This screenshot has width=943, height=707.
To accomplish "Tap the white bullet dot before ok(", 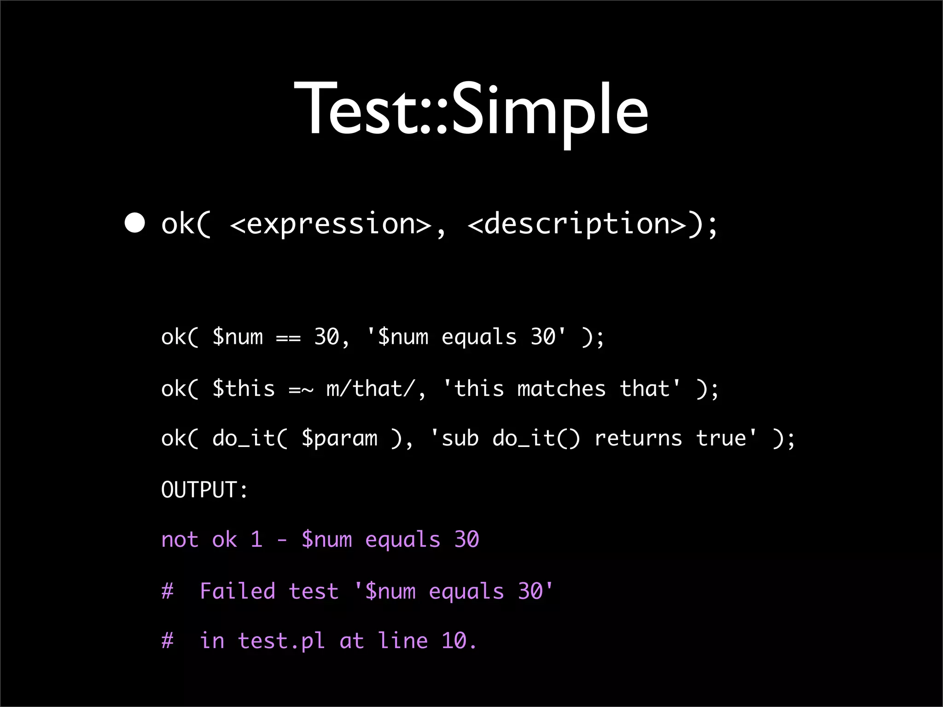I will [x=135, y=224].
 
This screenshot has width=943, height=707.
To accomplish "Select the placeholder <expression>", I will [x=330, y=224].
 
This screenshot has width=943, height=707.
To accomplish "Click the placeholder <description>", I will [x=577, y=224].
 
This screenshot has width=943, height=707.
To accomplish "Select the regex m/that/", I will [x=371, y=389].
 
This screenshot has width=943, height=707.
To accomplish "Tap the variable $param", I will [x=339, y=439].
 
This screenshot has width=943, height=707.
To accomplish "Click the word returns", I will [x=638, y=439].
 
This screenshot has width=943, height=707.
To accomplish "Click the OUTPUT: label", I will [x=204, y=489].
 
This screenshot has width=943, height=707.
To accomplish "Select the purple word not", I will [x=180, y=539].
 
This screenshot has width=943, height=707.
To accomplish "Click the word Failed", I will [x=238, y=591].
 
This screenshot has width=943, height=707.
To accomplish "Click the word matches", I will [x=561, y=389].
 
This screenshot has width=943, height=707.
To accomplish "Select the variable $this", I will [x=244, y=389].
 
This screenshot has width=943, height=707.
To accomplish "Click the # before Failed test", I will [x=168, y=591].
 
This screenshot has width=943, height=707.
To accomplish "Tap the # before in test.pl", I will [x=168, y=641].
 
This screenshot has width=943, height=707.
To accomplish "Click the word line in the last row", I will [x=403, y=641].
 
